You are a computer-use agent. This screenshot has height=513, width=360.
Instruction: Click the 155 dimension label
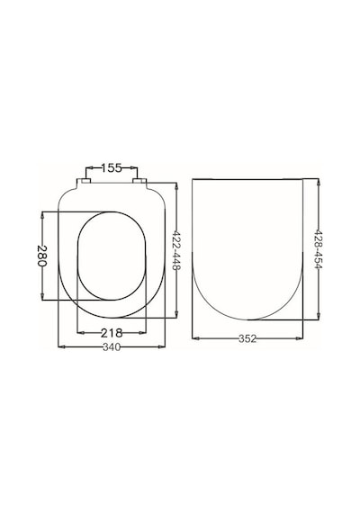point(112,167)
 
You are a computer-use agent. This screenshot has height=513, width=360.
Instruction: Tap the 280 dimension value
point(42,256)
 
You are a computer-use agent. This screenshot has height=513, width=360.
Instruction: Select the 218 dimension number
point(112,333)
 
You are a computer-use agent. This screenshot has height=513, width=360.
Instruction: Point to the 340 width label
point(112,346)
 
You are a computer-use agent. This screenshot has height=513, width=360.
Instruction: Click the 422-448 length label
point(176,250)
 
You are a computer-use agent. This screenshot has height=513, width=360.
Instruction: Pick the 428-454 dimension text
point(319,248)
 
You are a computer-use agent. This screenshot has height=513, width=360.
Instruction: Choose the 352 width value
point(247,338)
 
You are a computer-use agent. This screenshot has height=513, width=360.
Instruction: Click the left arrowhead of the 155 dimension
point(89,167)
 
